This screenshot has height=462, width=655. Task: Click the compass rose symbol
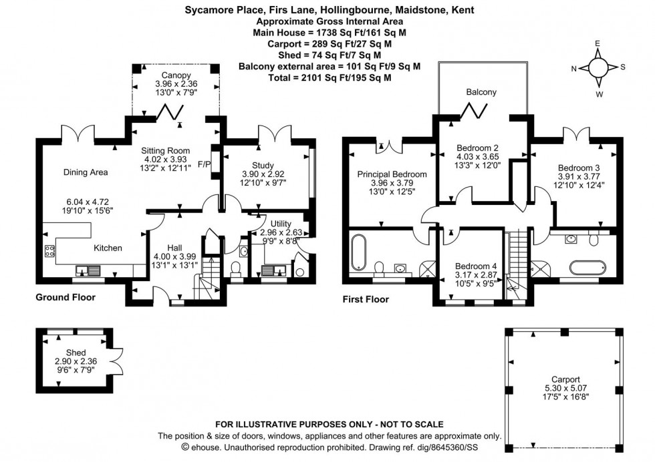pos(598,68)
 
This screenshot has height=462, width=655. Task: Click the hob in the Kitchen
pos(50,251)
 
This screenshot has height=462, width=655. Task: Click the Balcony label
pos(481,92)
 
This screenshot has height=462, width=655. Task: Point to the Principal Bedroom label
pos(392,174)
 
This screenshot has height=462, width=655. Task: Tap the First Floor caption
pos(366,300)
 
